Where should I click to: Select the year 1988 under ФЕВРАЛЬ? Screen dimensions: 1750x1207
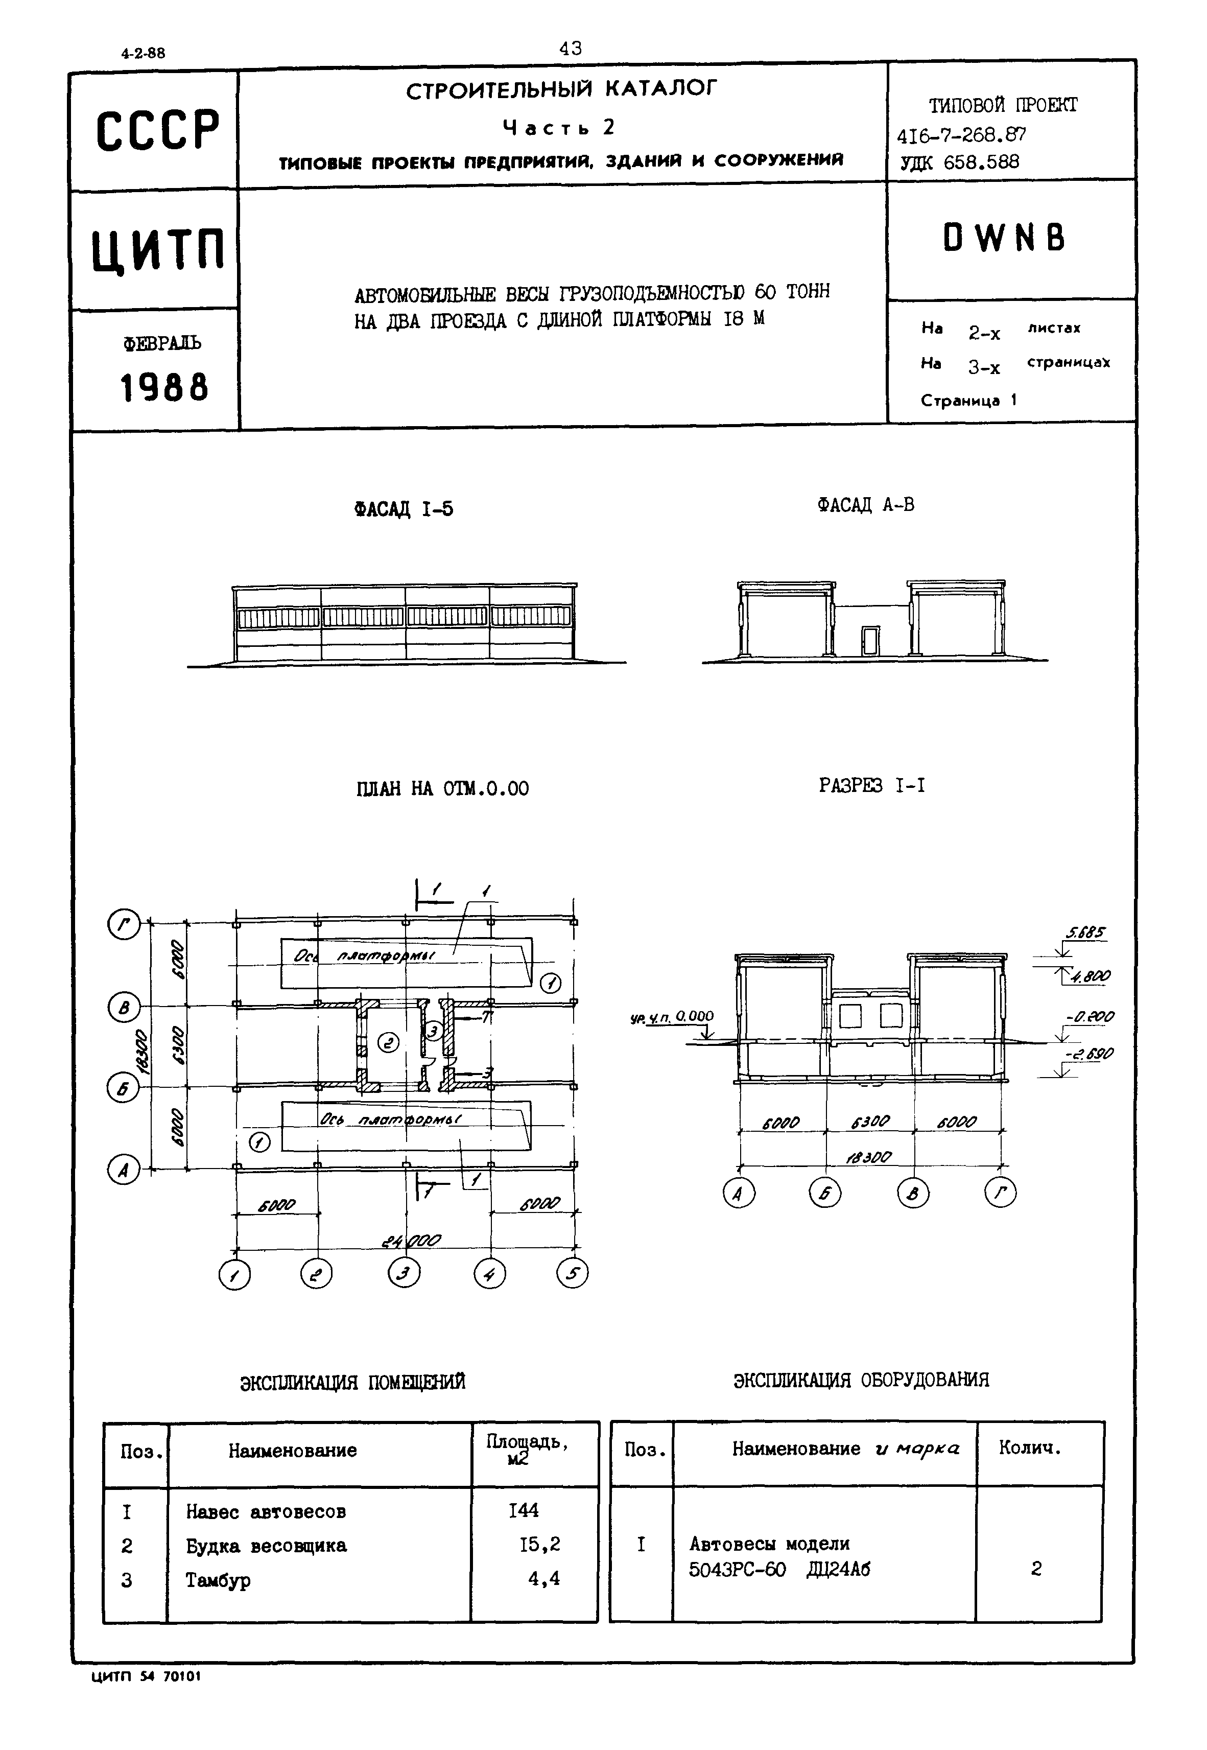[x=163, y=388]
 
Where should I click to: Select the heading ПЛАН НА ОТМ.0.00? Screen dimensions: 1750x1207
[x=442, y=789]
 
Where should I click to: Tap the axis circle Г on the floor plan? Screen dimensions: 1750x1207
[x=123, y=924]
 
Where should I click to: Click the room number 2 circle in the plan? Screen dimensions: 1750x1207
[x=389, y=1044]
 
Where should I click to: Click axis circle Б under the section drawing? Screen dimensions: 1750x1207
[x=825, y=1194]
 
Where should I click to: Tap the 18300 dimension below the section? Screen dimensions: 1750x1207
[x=870, y=1157]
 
